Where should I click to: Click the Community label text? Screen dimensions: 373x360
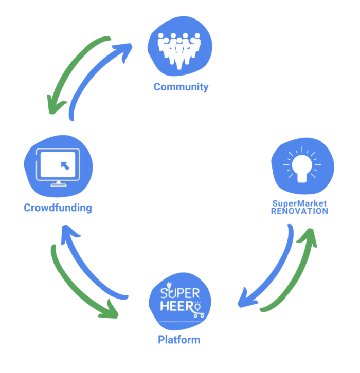tap(181, 86)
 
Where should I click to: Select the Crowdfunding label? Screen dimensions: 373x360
tap(58, 208)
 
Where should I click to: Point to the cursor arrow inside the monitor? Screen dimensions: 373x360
tap(64, 165)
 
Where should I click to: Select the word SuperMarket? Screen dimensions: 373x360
tap(299, 203)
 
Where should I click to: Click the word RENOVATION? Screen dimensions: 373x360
tap(299, 211)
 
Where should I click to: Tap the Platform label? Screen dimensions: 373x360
tap(179, 340)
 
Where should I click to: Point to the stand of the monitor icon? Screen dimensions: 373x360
tap(58, 183)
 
